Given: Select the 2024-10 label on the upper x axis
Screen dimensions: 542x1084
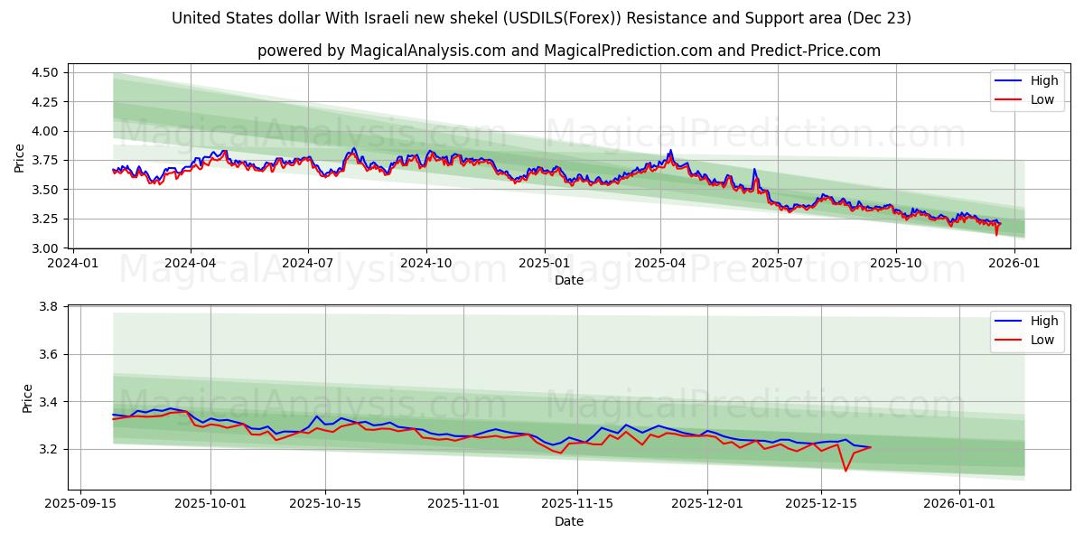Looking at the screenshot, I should coord(425,263).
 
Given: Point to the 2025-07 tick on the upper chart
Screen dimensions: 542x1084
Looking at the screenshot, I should coord(778,263).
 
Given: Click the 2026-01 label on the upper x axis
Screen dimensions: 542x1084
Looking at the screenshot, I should coord(1014,263).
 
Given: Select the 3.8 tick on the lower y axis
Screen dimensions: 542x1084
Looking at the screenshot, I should coord(51,307).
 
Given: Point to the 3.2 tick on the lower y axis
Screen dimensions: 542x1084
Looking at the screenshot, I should coord(51,449).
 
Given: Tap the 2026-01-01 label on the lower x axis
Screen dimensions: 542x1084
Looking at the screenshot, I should coord(959,503).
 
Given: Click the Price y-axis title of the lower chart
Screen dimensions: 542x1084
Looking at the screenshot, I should coord(28,398).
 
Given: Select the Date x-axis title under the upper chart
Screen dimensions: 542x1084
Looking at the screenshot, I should coord(569,280).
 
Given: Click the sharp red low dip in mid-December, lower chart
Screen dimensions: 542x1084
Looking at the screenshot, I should coord(846,470).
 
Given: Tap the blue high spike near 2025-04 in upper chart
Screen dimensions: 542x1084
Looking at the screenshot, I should coord(670,151).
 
